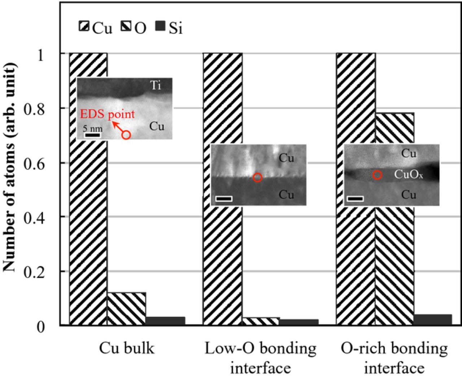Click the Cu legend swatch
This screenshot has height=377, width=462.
84,26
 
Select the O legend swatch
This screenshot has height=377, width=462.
126,26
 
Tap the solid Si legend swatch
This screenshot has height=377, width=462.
160,26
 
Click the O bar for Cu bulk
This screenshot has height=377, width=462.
126,309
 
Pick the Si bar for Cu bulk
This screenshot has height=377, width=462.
165,321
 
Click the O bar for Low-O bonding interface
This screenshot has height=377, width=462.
260,321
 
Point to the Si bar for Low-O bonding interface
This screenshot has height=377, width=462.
298,322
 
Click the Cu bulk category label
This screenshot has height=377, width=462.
127,349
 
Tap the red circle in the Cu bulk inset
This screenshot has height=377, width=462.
126,135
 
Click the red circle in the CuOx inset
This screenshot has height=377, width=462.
377,175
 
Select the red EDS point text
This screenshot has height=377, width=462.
107,114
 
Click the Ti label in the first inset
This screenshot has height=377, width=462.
156,86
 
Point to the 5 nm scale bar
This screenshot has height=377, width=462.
93,135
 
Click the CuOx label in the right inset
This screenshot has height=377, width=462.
408,175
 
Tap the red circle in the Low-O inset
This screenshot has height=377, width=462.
257,177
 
